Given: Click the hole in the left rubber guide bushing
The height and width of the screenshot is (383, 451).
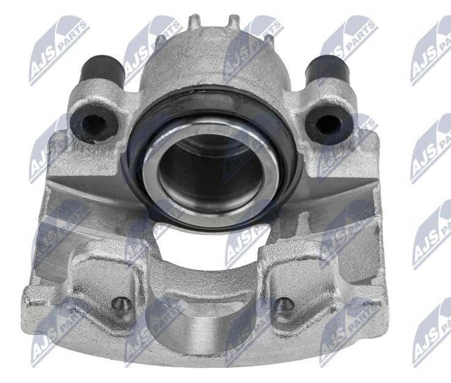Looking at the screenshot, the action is (93, 124).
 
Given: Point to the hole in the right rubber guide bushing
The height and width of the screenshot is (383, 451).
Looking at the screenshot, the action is (329, 124).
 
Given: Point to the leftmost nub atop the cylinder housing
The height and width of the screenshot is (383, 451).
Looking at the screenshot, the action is (194, 21).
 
